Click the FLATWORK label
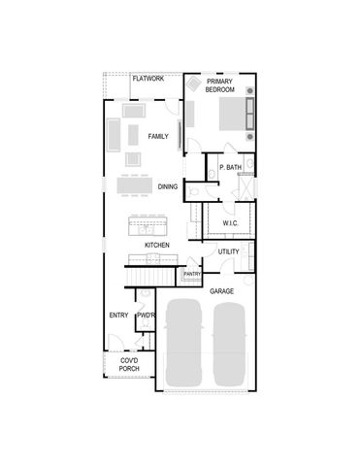coord(148,79)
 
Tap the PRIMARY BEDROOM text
coord(220,85)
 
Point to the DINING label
coord(167,187)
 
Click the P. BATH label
coord(230,168)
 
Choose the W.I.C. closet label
coord(230,223)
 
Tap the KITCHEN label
coord(157,246)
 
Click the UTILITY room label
coord(228,252)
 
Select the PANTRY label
coord(191,275)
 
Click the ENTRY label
coord(118,316)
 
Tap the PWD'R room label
coord(147,316)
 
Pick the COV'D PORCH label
coord(128,366)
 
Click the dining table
coord(136,183)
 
